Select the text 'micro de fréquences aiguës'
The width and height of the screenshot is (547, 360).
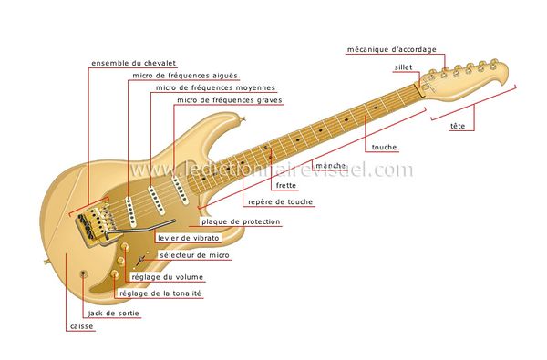185,76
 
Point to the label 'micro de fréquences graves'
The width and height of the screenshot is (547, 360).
229,100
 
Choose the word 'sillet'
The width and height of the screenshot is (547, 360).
404,67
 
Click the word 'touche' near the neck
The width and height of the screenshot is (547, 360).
383,147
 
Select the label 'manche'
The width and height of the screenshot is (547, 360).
328,166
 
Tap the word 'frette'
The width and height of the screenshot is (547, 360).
284,185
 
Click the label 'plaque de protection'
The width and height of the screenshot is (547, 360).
241,221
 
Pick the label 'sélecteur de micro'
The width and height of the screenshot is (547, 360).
193,256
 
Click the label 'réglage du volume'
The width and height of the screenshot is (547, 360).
167,276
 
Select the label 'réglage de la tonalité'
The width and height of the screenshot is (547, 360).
161,293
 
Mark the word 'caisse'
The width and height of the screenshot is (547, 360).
81,326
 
